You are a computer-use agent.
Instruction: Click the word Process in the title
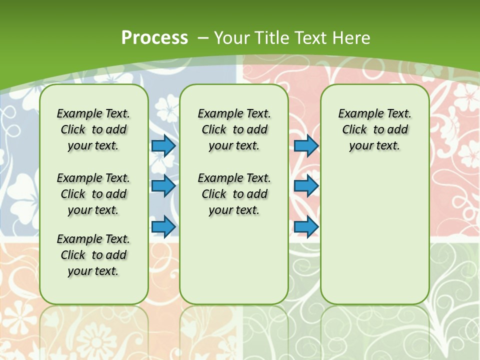[x=154, y=37]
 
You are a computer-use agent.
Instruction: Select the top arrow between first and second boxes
[x=163, y=145]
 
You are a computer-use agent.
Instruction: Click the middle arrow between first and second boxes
[x=163, y=186]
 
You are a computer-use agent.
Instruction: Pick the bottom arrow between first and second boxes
[x=163, y=226]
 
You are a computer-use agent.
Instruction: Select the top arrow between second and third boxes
[x=306, y=145]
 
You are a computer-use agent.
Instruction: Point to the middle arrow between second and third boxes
[x=306, y=186]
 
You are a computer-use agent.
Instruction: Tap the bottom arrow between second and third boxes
[x=306, y=226]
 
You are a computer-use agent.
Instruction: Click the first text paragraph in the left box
[x=93, y=129]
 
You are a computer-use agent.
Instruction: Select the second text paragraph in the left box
[x=93, y=194]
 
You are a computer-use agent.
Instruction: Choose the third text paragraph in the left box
[x=93, y=255]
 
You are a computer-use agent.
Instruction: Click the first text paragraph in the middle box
[x=234, y=129]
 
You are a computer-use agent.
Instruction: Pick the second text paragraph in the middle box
[x=234, y=194]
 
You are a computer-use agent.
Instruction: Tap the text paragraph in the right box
[x=374, y=129]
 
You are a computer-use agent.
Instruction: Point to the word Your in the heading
[x=232, y=37]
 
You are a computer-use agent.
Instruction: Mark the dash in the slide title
[x=202, y=37]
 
